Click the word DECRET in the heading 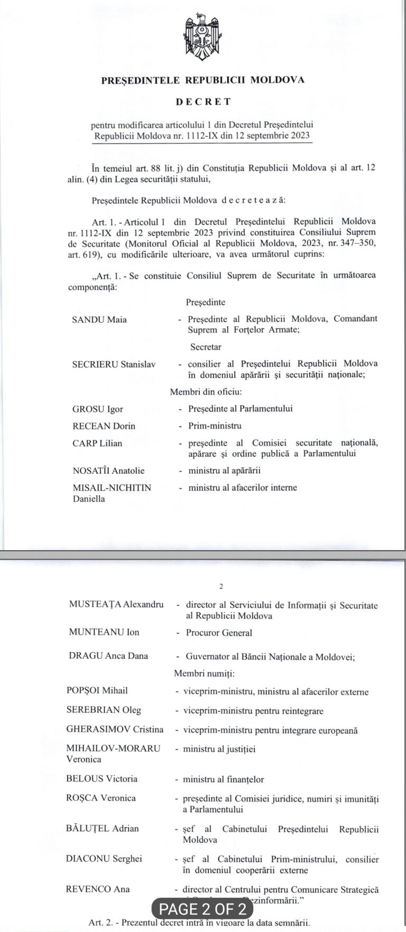(203, 101)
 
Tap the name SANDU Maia (99, 319)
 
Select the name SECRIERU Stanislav (114, 364)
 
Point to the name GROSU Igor (98, 409)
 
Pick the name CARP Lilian (97, 443)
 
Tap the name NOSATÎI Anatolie (108, 470)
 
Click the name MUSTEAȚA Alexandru (116, 605)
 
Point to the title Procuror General (219, 633)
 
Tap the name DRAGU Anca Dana (108, 656)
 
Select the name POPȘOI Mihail (97, 691)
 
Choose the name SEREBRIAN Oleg (104, 710)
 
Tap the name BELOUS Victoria (101, 779)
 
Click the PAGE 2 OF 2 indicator (203, 909)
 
